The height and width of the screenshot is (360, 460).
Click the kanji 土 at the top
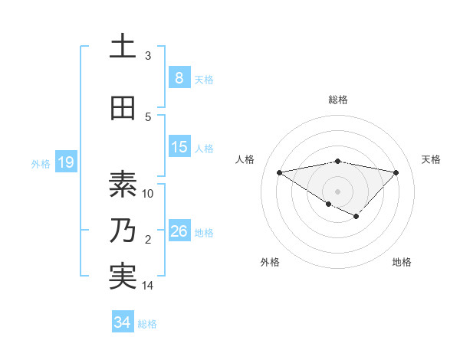(123, 46)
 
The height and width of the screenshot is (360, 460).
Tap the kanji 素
(123, 184)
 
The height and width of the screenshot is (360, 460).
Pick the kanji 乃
(123, 231)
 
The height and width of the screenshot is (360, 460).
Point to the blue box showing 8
(179, 77)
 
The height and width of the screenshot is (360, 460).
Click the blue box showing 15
(179, 147)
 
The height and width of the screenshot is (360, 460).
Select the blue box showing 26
(179, 231)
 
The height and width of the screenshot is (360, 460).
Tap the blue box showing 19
(65, 162)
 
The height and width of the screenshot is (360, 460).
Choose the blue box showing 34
(122, 322)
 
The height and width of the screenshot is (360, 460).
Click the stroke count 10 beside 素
(148, 193)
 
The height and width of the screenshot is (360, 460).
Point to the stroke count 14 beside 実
(148, 286)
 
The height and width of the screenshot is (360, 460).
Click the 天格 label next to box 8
(204, 79)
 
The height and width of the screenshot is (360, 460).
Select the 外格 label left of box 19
(41, 163)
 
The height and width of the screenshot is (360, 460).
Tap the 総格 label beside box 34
(147, 324)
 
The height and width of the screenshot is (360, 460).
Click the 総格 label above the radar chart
(337, 100)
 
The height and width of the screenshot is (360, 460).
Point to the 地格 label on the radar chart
(402, 262)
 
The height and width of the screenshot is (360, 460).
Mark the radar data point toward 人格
(279, 172)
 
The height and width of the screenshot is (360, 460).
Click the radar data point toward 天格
(396, 172)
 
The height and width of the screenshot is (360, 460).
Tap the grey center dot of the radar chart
(337, 191)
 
